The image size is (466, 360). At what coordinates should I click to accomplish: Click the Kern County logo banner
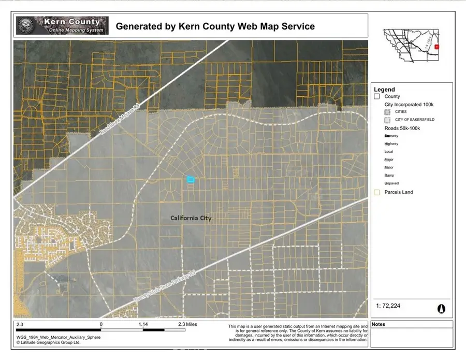tap(62, 25)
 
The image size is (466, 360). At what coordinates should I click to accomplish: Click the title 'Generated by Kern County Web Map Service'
tap(215, 26)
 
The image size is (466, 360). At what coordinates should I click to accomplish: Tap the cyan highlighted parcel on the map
tap(191, 179)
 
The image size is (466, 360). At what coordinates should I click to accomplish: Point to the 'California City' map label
tap(191, 218)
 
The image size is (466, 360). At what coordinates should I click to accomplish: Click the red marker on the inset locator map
tap(438, 47)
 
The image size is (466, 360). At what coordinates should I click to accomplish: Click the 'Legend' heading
tap(384, 90)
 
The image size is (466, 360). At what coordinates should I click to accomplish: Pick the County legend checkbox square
tap(377, 97)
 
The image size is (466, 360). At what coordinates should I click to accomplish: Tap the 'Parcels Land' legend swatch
tap(377, 192)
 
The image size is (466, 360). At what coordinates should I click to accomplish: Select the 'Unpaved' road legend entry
tap(391, 183)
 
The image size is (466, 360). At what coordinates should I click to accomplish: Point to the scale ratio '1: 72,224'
tap(388, 306)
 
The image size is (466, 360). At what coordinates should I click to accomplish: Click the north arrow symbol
tap(441, 308)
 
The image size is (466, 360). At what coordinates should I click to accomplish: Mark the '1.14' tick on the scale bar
tap(143, 324)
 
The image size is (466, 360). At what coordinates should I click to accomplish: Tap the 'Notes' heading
tap(378, 325)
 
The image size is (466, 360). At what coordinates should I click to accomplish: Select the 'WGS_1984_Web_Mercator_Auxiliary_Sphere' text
tap(58, 337)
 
